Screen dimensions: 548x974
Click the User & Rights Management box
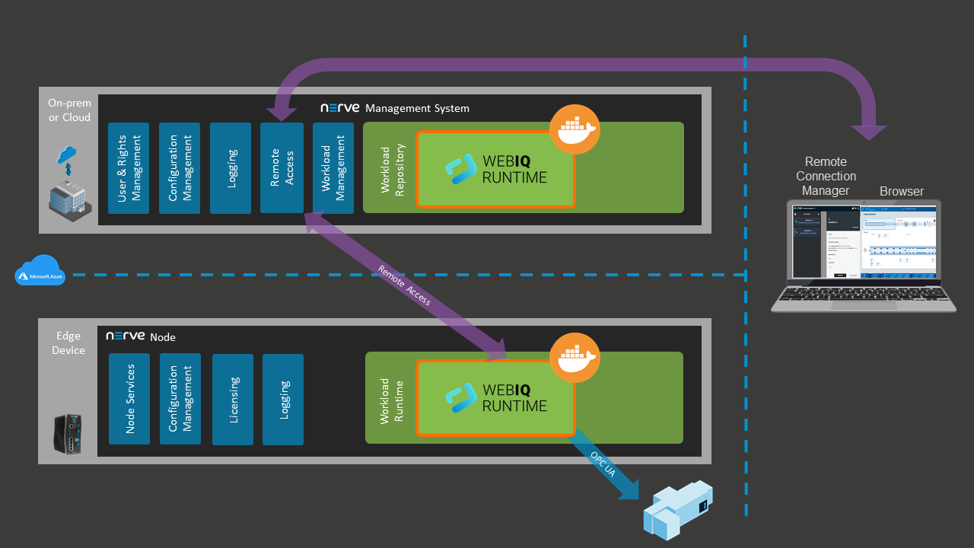[128, 168]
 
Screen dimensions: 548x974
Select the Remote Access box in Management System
[282, 168]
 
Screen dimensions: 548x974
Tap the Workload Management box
[333, 168]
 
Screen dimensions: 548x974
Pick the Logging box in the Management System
[231, 168]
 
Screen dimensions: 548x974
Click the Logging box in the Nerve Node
[283, 399]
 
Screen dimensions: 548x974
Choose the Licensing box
[233, 399]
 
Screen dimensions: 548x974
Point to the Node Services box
[129, 399]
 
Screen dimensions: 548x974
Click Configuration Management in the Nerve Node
[180, 399]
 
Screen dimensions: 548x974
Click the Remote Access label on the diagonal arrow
[404, 285]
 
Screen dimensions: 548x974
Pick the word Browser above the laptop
[902, 191]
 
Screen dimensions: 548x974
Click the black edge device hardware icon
[68, 435]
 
